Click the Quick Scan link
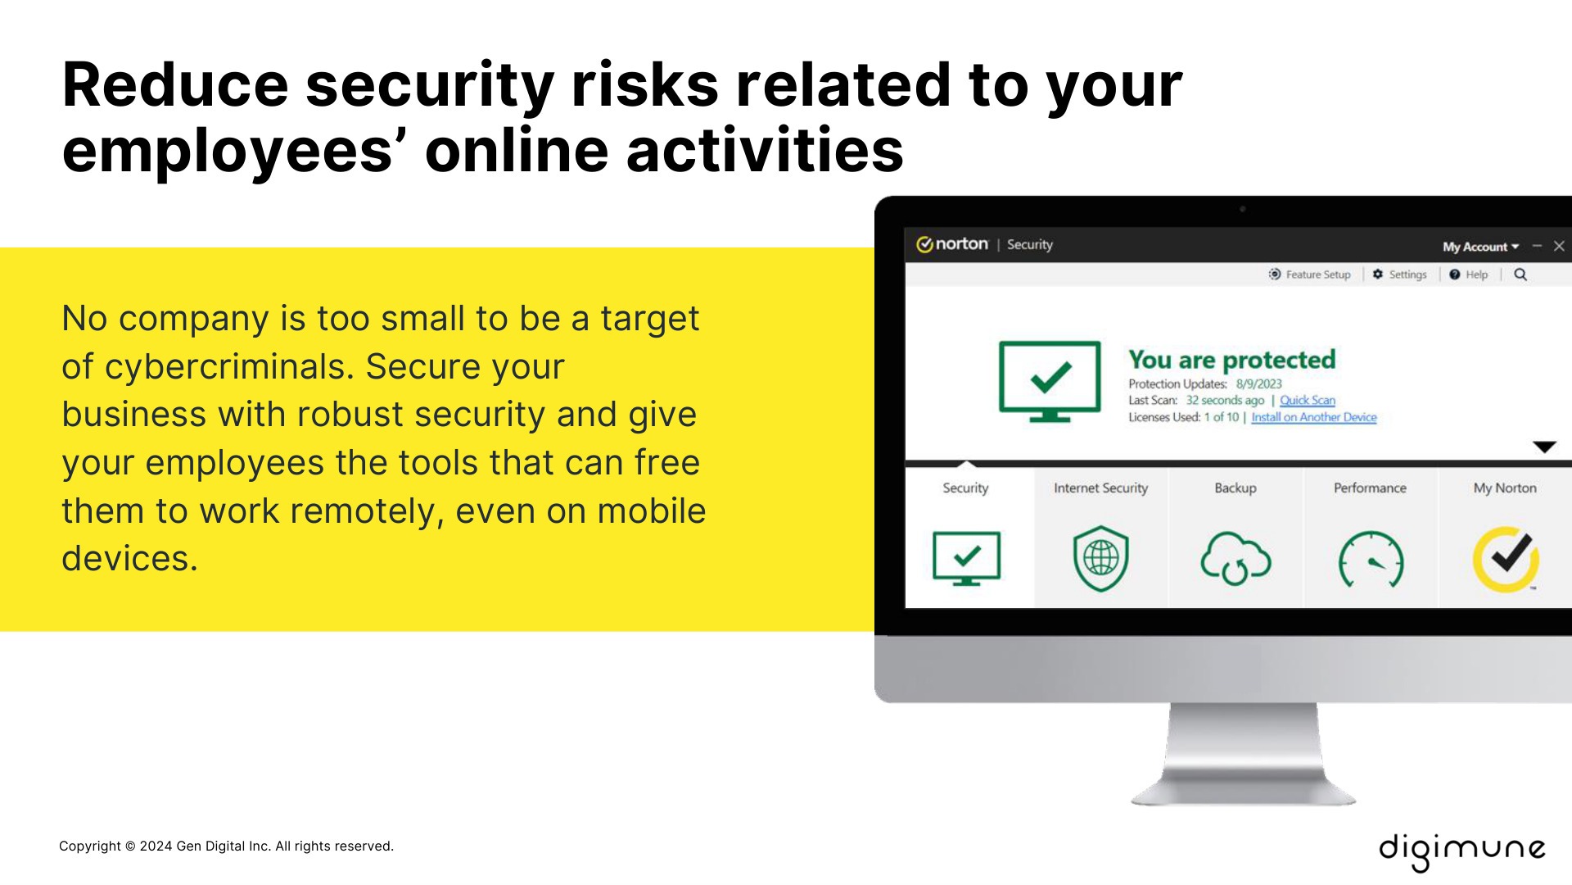[x=1307, y=401]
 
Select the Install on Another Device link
[x=1313, y=417]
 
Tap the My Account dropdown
[x=1479, y=247]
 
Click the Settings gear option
[x=1400, y=275]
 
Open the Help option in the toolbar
[x=1469, y=275]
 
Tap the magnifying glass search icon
[x=1520, y=275]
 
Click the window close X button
[x=1559, y=246]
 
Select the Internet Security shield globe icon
[x=1100, y=559]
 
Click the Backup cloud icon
[x=1235, y=559]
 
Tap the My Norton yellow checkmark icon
[x=1506, y=559]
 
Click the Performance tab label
[x=1370, y=488]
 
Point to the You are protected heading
[x=1231, y=360]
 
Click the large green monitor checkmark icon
[x=1050, y=381]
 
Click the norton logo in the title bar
[x=952, y=244]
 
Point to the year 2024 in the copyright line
[x=156, y=846]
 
